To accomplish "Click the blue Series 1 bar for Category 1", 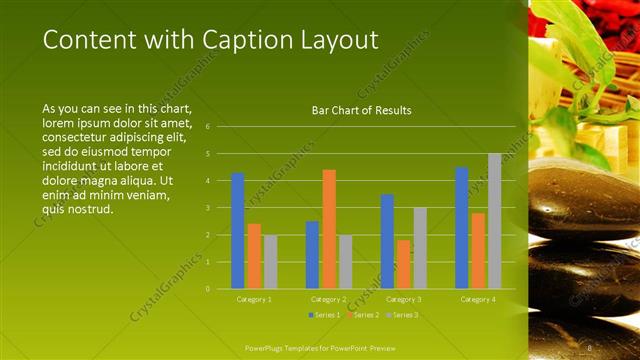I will (x=238, y=231).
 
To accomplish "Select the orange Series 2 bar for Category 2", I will (x=329, y=229).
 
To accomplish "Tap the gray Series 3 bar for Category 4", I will (x=494, y=221).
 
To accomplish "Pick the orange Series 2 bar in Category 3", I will (x=403, y=264).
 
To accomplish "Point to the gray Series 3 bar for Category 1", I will (x=270, y=262).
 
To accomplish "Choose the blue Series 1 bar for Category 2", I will (x=312, y=255).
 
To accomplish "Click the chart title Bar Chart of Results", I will (x=362, y=111).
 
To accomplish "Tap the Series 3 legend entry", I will (x=403, y=316).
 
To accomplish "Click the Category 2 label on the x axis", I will (x=328, y=299).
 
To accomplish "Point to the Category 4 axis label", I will (x=477, y=299).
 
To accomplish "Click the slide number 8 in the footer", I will (x=591, y=347).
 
